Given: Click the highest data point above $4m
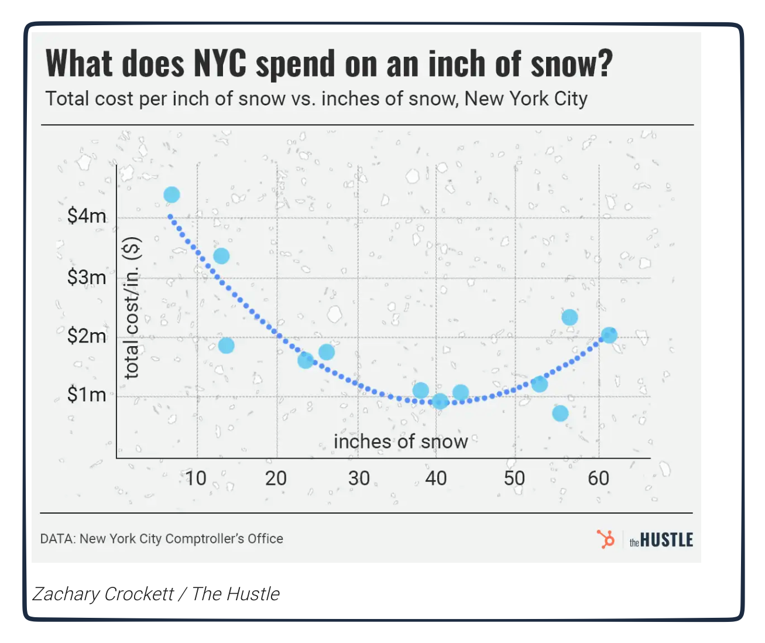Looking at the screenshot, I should [x=171, y=194].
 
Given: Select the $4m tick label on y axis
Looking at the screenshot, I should [x=87, y=216].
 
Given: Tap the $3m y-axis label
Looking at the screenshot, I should [x=87, y=277].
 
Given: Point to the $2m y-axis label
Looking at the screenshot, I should [x=87, y=336].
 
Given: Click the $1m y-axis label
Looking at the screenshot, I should [x=87, y=395].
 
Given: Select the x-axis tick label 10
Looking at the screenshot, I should [x=195, y=478].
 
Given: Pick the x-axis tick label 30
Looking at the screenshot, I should [x=359, y=478].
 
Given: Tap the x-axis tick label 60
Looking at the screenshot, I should [x=598, y=478].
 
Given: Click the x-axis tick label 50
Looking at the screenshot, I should [x=514, y=478].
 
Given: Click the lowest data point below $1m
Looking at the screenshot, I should [x=560, y=413].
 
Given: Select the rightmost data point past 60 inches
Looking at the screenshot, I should [x=609, y=335].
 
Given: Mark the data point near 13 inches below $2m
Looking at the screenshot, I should [x=226, y=346].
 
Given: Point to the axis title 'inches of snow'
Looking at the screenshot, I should [x=400, y=442].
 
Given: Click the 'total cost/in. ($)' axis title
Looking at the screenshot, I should [x=132, y=307].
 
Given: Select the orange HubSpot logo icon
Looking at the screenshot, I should [x=606, y=539].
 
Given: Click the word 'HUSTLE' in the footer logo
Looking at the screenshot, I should [x=667, y=540].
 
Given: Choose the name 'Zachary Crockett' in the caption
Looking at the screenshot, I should [x=103, y=594].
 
